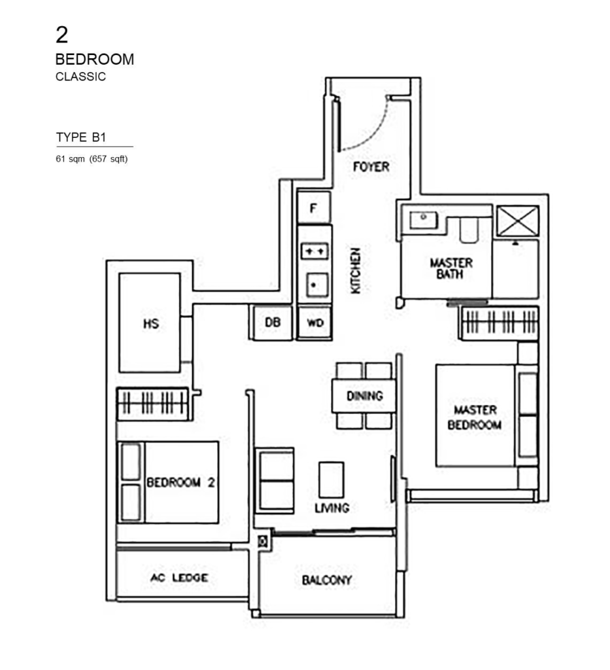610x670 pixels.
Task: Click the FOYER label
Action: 371,167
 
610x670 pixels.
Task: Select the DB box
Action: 273,323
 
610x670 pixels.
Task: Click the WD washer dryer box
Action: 315,323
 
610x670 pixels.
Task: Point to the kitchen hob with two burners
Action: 314,251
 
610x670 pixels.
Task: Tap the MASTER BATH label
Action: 451,268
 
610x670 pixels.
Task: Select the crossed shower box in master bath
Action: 518,221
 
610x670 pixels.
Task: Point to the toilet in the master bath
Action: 469,229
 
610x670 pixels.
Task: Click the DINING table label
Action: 364,396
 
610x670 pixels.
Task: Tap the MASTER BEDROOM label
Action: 475,417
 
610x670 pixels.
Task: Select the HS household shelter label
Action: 151,323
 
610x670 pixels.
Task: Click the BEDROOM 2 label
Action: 181,483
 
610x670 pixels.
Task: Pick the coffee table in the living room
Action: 331,480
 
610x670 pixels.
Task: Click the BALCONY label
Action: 327,580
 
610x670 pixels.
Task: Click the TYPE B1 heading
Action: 81,137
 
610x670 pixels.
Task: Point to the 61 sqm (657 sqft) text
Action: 92,158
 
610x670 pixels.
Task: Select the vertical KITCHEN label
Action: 356,270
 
